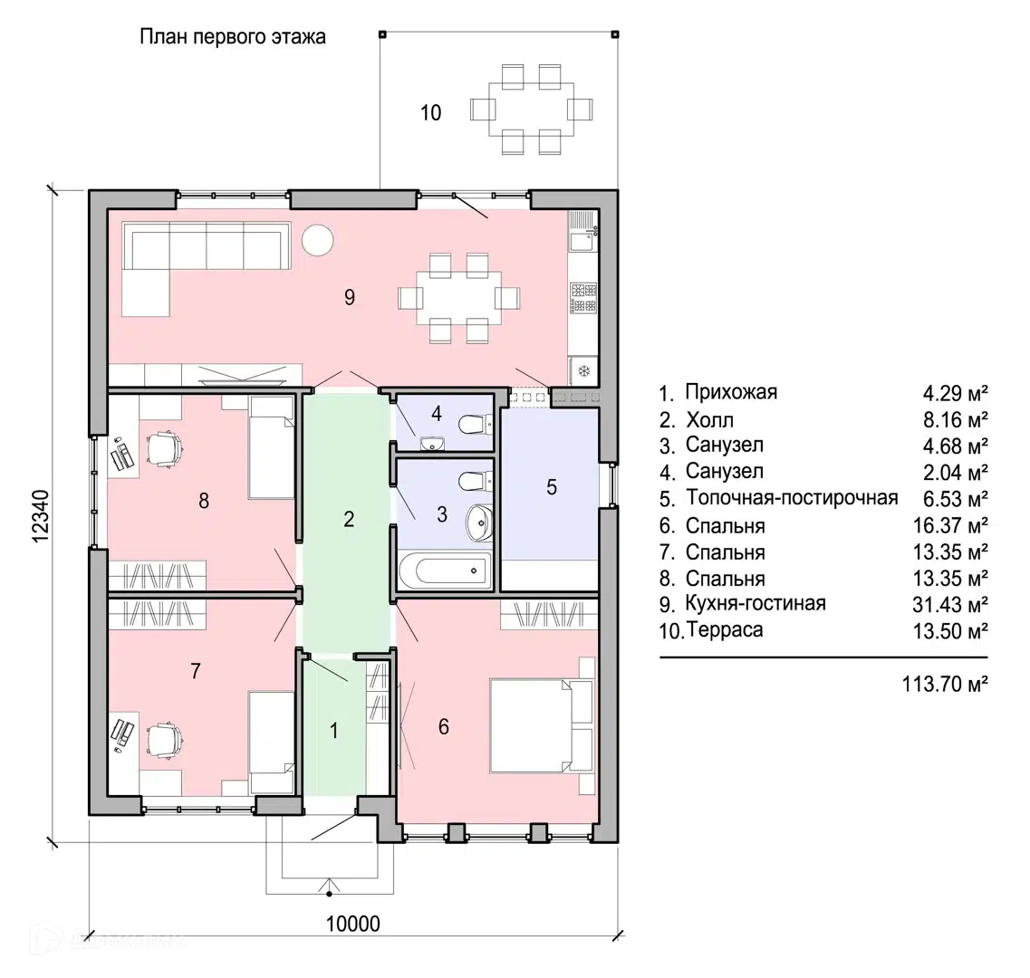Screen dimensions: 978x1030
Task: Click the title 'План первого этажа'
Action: tap(232, 37)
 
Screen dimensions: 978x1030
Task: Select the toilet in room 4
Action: tap(473, 424)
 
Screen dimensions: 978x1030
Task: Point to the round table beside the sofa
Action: tap(317, 240)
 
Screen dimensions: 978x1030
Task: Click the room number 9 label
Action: tap(350, 297)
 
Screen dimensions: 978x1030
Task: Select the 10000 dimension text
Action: tap(352, 924)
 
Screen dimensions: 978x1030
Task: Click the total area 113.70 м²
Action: tap(944, 683)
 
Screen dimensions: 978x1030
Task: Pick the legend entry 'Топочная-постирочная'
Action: tap(792, 498)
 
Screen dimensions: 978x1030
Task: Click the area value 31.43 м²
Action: tap(950, 604)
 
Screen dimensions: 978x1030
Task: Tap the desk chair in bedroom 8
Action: tap(165, 448)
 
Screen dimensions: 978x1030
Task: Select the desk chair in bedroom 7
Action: tap(165, 738)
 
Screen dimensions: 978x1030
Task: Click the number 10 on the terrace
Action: tap(431, 113)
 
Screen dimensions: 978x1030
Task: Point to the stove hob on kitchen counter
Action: tap(583, 297)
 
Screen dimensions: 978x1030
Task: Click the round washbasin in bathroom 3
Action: tap(478, 520)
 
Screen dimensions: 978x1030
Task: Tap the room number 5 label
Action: tap(552, 487)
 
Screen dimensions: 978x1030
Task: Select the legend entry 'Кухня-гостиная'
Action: tap(756, 603)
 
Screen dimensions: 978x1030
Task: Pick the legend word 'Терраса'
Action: tap(725, 630)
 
